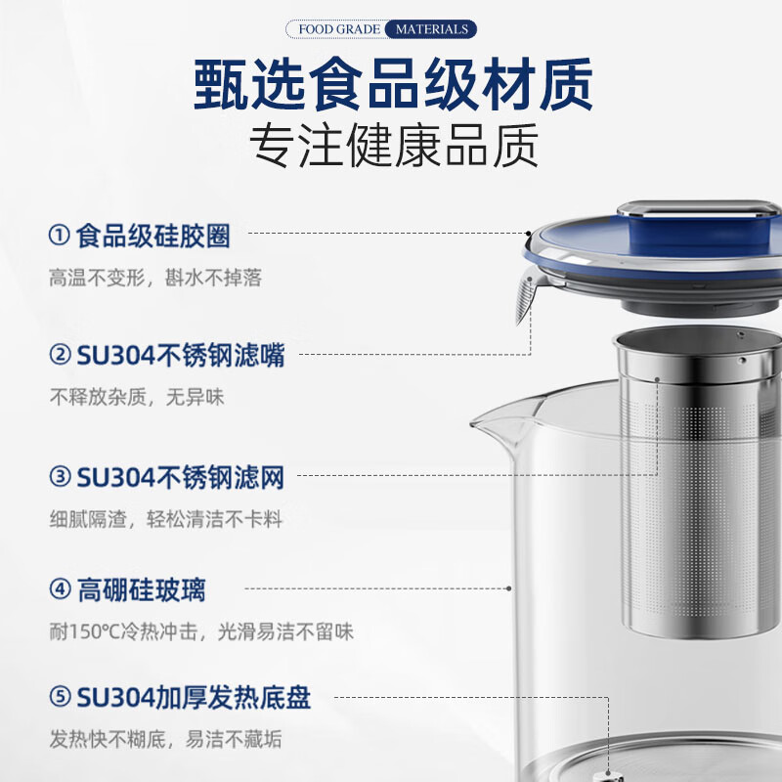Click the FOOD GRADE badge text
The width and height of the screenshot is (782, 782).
click(338, 29)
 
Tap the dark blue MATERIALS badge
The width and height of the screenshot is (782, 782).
click(431, 29)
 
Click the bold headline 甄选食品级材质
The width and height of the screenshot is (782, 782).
click(392, 86)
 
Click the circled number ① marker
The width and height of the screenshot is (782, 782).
click(60, 236)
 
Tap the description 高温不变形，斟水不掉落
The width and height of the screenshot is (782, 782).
click(155, 278)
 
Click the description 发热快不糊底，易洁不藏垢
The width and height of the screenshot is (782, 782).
click(162, 741)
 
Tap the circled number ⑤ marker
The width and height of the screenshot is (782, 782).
click(60, 698)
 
